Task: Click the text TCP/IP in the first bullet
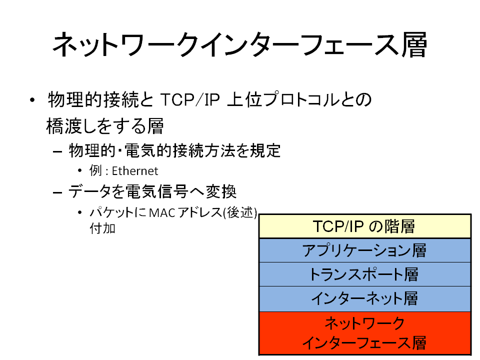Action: (190, 99)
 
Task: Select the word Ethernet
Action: (135, 171)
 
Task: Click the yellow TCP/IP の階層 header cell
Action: (364, 226)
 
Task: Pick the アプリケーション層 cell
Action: (364, 250)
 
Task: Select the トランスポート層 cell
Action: (364, 274)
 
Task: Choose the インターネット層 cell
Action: (364, 299)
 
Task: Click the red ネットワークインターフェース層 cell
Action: (364, 333)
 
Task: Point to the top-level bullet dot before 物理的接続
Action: (32, 100)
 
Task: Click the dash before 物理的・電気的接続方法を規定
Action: (57, 151)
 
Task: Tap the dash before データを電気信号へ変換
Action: (57, 192)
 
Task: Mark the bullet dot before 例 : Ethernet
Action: (80, 171)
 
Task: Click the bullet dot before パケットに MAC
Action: (80, 212)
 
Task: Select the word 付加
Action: (102, 228)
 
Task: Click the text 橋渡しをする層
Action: (105, 126)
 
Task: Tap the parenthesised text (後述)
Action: (240, 212)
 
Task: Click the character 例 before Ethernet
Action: (95, 170)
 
